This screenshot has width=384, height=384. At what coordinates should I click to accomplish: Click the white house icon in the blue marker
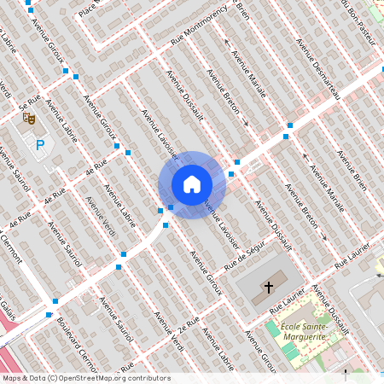coord(192,184)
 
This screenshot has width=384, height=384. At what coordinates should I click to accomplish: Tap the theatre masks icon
coord(28,119)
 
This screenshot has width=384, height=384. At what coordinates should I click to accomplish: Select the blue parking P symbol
coord(39,147)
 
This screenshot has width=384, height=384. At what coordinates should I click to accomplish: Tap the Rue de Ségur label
coord(247,255)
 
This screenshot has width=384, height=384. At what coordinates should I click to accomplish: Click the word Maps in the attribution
coord(12,377)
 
